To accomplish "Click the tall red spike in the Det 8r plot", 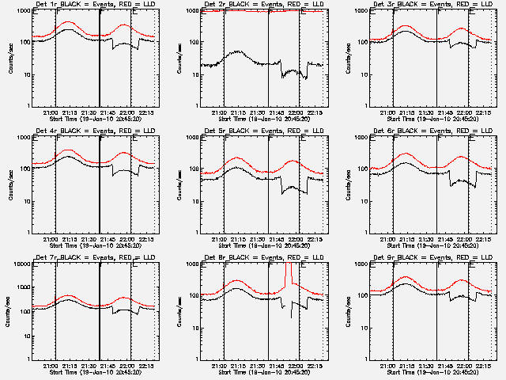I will tap(289, 273).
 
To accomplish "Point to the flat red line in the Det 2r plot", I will tap(261, 11).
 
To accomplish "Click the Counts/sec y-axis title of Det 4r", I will tap(9, 184).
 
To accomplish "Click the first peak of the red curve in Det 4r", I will tap(68, 150).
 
